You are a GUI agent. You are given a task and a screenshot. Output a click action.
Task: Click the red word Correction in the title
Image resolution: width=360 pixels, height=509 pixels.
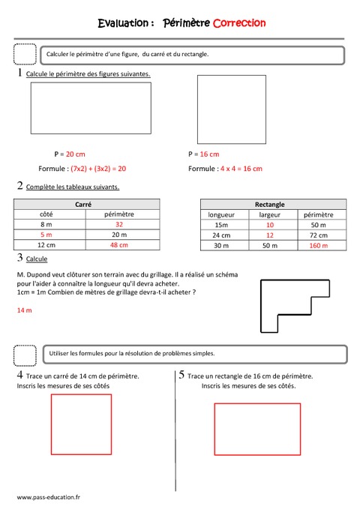[239, 23]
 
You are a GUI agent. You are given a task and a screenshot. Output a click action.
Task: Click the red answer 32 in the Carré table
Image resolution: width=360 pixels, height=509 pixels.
[118, 224]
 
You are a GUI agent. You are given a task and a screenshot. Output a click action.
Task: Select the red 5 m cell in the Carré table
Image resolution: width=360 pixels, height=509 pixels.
[46, 234]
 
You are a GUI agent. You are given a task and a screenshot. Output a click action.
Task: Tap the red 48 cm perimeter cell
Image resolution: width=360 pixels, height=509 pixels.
[118, 244]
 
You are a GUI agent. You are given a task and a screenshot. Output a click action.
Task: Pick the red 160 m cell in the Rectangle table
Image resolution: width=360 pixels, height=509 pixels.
[319, 244]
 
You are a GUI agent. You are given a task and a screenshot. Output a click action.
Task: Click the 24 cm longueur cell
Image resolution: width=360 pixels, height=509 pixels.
[221, 234]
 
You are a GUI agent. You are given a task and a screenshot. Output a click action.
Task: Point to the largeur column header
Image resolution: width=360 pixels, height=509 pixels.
[270, 214]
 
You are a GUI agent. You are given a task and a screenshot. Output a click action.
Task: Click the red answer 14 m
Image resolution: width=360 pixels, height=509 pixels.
[24, 310]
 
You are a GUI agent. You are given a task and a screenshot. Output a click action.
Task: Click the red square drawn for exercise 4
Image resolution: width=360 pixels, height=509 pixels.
[82, 424]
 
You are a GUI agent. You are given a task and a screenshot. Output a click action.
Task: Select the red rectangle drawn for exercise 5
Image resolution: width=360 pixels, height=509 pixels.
[257, 429]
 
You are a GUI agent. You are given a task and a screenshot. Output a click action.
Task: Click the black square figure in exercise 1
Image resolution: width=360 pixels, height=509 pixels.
[230, 109]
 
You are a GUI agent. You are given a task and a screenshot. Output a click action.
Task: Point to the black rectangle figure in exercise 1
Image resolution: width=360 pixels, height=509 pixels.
[90, 108]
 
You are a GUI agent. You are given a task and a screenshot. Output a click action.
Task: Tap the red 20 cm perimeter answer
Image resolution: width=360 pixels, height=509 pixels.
[76, 154]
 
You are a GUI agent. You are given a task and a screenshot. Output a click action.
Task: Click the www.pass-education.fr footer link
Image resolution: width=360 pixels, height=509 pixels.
[49, 496]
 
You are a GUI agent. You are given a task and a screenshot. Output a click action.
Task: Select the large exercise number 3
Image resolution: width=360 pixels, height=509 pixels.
[19, 258]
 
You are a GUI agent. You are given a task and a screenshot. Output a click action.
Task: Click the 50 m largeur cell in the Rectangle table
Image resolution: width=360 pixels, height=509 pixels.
[270, 244]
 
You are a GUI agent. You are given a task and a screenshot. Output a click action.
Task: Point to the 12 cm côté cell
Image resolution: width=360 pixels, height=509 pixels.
[46, 244]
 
